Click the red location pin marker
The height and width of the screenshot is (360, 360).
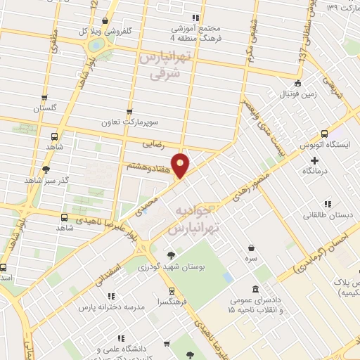[181, 166]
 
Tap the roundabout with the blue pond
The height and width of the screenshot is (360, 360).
[94, 44]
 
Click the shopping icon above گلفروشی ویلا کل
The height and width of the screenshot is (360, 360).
[105, 21]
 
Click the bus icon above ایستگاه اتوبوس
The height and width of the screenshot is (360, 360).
[324, 134]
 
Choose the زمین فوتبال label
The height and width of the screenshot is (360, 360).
[288, 94]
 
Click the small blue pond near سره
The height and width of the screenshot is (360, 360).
[227, 277]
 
